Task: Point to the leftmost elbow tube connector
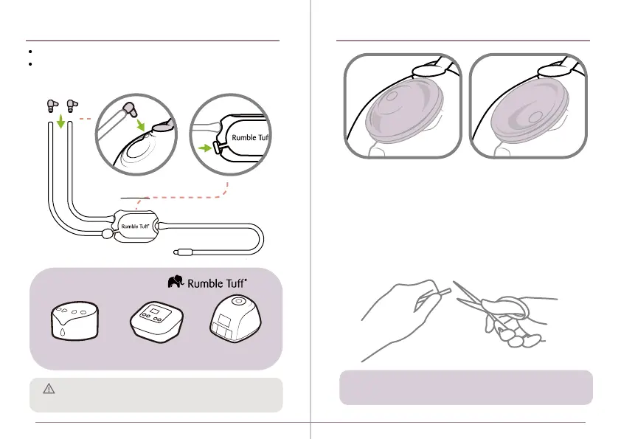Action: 52,106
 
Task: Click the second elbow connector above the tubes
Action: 72,106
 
